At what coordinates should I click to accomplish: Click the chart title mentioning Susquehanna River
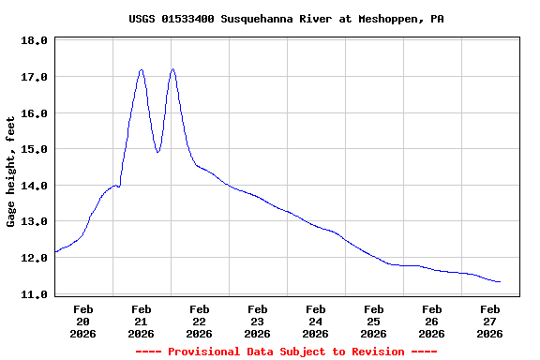click(x=286, y=19)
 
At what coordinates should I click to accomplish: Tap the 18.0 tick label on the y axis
click(x=34, y=41)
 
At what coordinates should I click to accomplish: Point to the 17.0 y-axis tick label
click(x=34, y=77)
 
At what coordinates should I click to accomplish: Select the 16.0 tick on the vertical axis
click(x=34, y=113)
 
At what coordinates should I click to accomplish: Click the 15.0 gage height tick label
click(x=34, y=149)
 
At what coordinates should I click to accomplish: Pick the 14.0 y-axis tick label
click(x=34, y=186)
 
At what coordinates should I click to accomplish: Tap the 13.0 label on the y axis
click(x=34, y=222)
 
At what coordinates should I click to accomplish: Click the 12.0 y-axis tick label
click(x=34, y=258)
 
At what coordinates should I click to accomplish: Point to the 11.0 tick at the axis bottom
click(x=34, y=294)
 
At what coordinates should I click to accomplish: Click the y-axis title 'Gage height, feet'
click(x=11, y=172)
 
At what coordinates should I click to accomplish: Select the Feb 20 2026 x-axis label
click(x=82, y=321)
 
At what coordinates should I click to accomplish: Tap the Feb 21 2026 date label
click(x=141, y=321)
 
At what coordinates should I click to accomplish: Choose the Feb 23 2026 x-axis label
click(x=257, y=321)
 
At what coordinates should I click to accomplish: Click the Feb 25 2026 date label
click(x=373, y=321)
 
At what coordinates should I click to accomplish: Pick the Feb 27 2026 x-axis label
click(x=489, y=321)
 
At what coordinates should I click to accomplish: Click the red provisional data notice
click(x=286, y=352)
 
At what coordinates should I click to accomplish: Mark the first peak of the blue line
click(x=141, y=69)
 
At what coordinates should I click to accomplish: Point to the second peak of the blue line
click(x=172, y=69)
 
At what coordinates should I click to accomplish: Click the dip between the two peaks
click(x=157, y=152)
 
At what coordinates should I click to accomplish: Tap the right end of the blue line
click(x=500, y=281)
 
